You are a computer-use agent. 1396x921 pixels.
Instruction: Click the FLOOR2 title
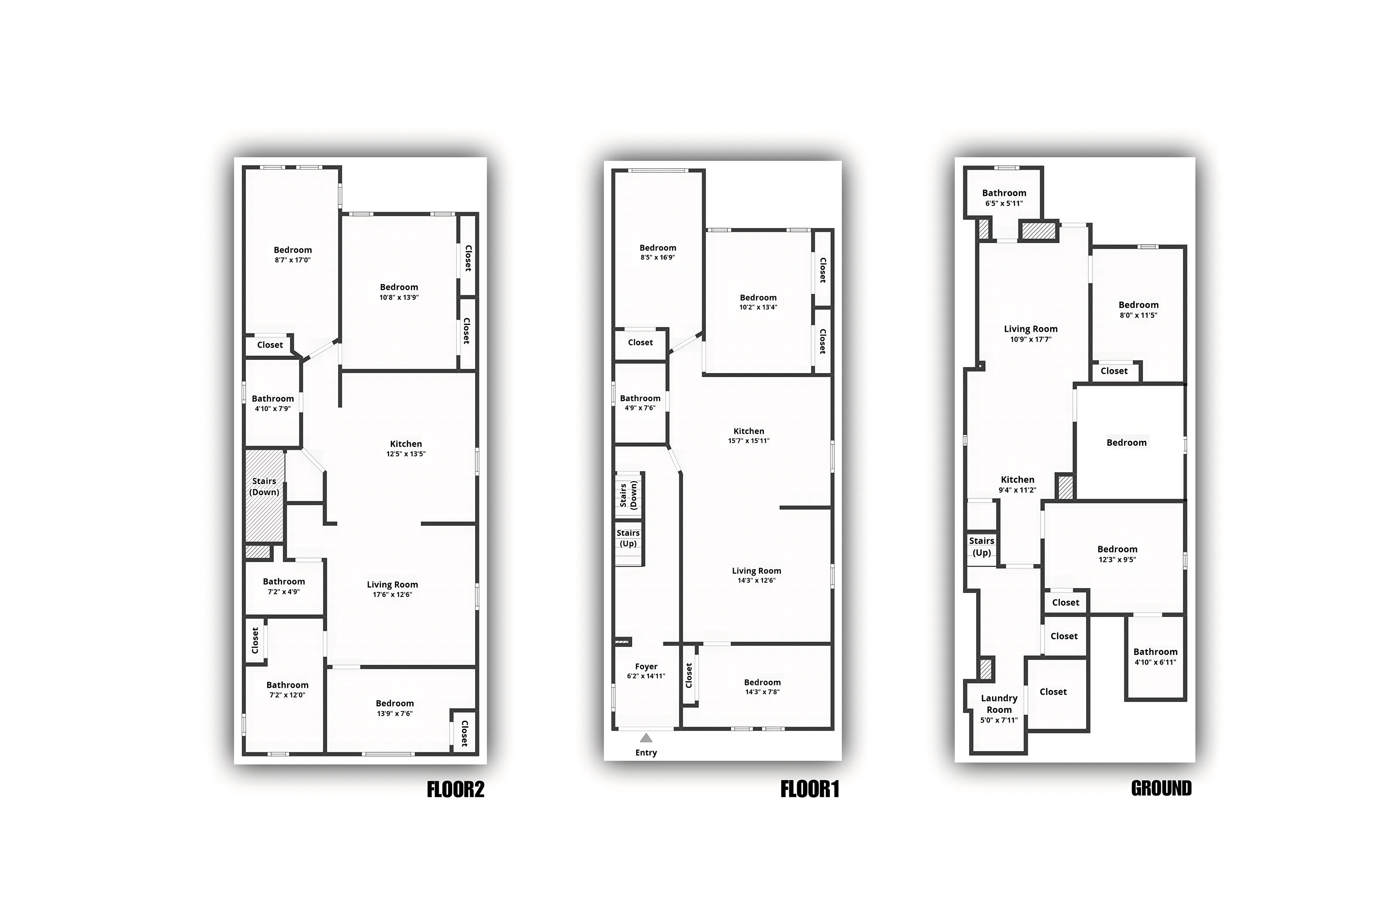(455, 789)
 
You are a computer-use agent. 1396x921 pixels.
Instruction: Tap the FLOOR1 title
(809, 789)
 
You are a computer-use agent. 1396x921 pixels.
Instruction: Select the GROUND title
(1161, 788)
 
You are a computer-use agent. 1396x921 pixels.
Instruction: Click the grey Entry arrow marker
(646, 738)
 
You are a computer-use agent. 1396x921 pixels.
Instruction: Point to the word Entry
(646, 752)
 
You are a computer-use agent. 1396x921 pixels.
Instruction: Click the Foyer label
(646, 666)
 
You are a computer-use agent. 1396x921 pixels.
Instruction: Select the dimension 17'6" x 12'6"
(392, 594)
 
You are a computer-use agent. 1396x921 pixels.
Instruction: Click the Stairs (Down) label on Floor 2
(264, 486)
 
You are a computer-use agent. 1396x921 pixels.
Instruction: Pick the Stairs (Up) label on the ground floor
(982, 546)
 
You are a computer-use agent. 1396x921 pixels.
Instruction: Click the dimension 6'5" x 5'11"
(1004, 203)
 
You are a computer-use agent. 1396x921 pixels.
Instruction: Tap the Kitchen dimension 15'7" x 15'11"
(749, 441)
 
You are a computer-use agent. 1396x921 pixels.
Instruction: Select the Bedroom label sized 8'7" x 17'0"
(293, 249)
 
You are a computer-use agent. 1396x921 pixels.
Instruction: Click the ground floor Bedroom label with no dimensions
(1127, 442)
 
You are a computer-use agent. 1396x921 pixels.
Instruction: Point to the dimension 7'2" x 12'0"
(287, 695)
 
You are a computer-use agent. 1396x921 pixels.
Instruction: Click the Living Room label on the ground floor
(1031, 329)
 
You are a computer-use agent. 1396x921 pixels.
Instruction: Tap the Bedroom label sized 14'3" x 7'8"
(763, 682)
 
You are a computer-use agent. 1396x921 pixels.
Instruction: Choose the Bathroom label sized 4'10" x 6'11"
(1155, 652)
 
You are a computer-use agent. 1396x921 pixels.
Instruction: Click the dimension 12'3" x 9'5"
(1117, 559)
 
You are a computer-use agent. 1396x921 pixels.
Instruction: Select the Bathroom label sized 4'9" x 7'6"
(640, 398)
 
